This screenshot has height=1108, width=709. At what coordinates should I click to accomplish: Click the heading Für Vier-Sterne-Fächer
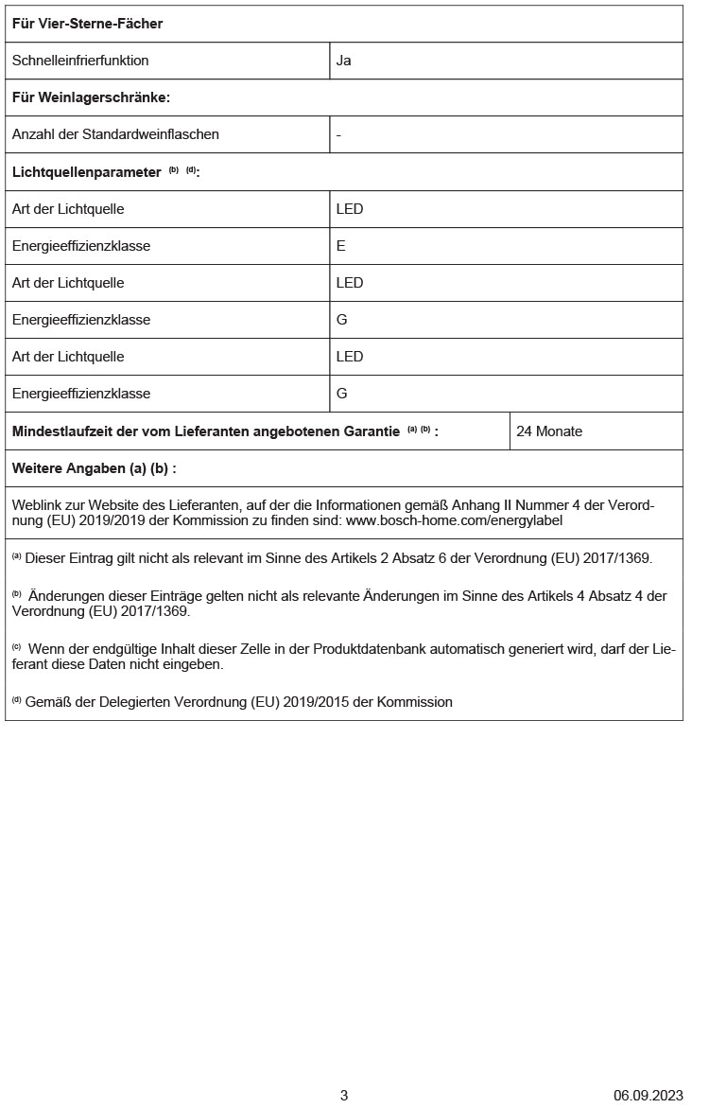(87, 24)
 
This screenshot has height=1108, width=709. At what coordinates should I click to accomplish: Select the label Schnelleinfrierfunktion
(80, 61)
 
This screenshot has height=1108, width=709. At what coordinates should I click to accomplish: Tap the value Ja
(344, 61)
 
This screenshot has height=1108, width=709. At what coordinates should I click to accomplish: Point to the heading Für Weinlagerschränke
(91, 97)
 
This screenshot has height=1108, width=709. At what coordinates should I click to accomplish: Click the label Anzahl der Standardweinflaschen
(115, 134)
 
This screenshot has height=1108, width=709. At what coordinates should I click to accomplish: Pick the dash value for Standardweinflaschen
(338, 134)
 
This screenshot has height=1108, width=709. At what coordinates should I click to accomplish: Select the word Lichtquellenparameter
(86, 172)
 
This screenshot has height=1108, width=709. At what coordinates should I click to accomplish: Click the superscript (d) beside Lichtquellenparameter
(191, 170)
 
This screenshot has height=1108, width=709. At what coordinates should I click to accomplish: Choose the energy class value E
(341, 246)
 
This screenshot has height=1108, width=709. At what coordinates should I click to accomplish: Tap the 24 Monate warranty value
(549, 431)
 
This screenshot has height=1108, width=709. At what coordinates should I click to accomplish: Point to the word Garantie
(372, 431)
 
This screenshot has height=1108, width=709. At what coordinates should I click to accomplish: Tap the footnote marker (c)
(17, 647)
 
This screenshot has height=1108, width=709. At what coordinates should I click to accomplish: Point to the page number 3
(344, 1096)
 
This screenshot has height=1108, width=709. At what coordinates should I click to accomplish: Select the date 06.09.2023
(648, 1096)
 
